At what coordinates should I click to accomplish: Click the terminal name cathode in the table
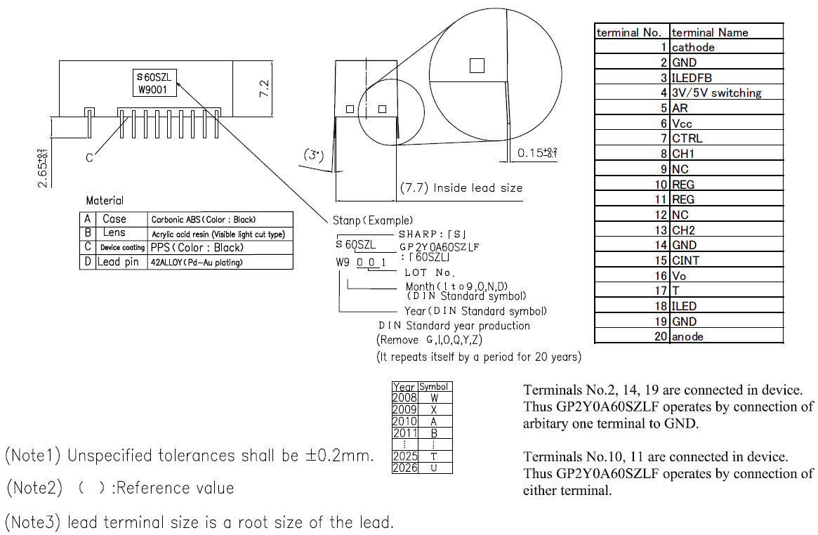[x=693, y=48]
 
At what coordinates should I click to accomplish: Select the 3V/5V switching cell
[x=716, y=93]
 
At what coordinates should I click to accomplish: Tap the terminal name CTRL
[x=687, y=138]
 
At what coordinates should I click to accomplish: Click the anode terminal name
[x=687, y=336]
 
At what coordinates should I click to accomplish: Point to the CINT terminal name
[x=685, y=260]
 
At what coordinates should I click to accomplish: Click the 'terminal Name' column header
[x=710, y=32]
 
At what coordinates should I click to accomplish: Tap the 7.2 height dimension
[x=265, y=88]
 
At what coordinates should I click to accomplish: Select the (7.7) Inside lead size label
[x=461, y=188]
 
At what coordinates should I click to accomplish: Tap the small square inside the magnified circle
[x=477, y=65]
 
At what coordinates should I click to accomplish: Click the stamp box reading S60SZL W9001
[x=155, y=84]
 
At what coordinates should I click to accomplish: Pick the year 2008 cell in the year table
[x=404, y=398]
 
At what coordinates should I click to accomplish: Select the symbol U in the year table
[x=434, y=468]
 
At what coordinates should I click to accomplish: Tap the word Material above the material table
[x=104, y=201]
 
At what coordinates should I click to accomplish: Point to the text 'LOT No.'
[x=430, y=272]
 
